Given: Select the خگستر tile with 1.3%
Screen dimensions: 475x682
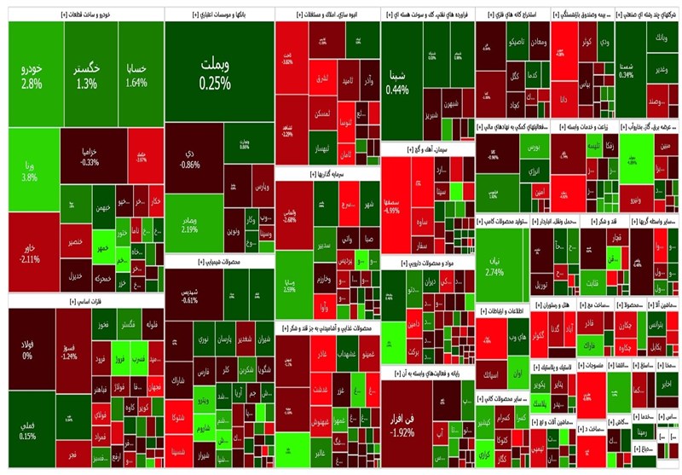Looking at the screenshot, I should [x=86, y=75].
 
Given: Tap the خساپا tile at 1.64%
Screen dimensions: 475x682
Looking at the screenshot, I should [x=136, y=75].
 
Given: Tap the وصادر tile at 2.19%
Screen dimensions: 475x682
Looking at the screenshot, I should [x=189, y=223].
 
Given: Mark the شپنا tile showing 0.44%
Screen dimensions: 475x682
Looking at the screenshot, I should [x=397, y=83].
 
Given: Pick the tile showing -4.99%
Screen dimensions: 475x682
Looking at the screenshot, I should [x=394, y=205].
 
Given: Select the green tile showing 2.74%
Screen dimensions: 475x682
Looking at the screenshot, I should [x=494, y=266].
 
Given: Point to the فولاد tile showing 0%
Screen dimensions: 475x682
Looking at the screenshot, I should [x=27, y=350].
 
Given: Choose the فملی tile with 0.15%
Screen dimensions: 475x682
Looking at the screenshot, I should [x=27, y=431].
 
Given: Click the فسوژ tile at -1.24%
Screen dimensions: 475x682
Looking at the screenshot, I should [x=70, y=351].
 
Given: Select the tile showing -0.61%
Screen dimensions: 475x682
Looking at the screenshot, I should [x=189, y=295].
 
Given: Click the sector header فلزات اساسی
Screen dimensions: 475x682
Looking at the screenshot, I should [x=84, y=301].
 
